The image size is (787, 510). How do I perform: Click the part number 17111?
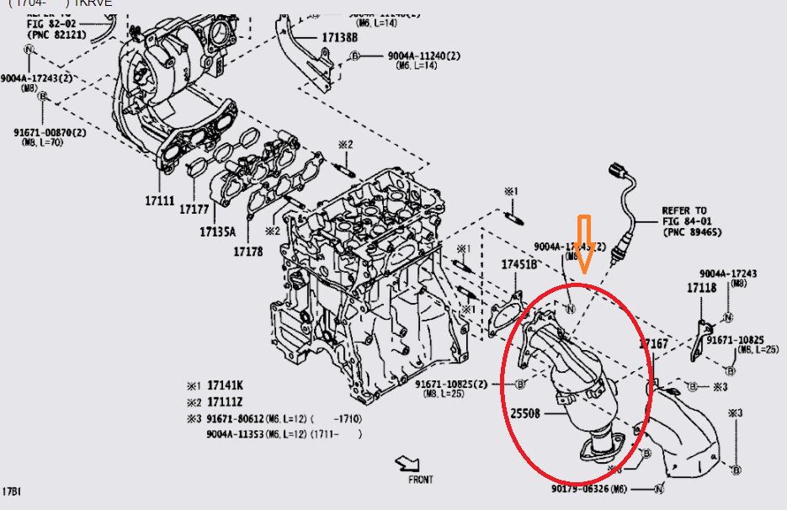(x=159, y=200)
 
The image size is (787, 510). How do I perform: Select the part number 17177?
(x=194, y=207)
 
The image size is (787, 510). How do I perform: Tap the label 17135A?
(x=218, y=231)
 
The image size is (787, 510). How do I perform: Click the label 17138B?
(x=339, y=38)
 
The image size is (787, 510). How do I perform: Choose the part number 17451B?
(x=519, y=264)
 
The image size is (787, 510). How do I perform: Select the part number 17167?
(x=653, y=343)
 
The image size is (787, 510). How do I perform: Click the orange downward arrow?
(x=585, y=244)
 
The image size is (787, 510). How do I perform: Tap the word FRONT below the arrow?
(x=421, y=480)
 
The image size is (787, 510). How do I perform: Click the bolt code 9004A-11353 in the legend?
(x=242, y=434)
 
